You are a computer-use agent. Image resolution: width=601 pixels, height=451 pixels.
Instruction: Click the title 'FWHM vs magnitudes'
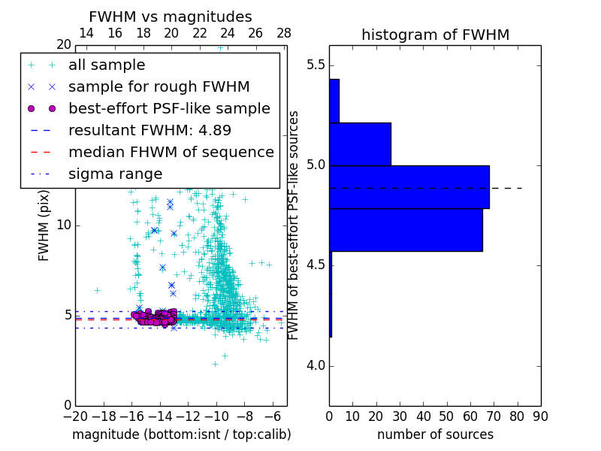(170, 17)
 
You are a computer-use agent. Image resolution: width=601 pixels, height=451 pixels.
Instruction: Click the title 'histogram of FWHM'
(435, 35)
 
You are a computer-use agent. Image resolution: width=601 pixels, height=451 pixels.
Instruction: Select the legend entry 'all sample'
(107, 65)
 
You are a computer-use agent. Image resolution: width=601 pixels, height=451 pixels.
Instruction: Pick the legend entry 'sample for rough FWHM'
(159, 87)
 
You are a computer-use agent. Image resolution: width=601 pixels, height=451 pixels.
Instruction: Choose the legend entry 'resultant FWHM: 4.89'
(149, 131)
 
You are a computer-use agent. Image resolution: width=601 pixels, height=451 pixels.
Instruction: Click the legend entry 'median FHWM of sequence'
(171, 153)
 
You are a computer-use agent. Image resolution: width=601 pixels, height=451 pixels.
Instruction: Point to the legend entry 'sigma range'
(115, 174)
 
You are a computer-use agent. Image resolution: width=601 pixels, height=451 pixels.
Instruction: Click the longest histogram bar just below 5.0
(409, 186)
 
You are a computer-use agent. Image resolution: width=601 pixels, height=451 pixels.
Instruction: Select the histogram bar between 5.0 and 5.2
(360, 144)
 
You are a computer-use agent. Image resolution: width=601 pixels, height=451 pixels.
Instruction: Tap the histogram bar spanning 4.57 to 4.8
(406, 229)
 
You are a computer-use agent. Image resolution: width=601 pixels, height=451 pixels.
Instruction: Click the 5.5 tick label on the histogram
(314, 65)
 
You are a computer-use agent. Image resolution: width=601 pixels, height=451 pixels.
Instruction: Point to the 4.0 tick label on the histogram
(314, 366)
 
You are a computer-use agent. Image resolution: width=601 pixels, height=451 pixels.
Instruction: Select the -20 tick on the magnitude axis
(75, 416)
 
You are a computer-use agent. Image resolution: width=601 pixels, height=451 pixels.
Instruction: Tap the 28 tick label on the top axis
(284, 33)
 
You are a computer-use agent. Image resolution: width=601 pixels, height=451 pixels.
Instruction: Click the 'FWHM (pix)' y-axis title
(44, 225)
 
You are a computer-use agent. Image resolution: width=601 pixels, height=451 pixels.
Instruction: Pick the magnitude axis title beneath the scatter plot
(181, 434)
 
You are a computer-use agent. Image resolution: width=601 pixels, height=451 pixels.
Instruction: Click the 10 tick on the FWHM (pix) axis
(64, 225)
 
